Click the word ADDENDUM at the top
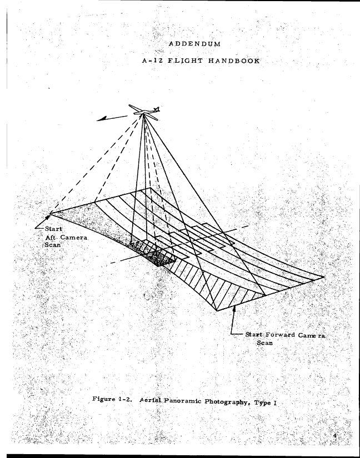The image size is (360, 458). tap(194, 44)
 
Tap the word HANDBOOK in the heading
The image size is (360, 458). tap(234, 61)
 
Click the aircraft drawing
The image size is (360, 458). tap(144, 112)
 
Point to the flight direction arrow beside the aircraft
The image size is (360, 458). tap(112, 118)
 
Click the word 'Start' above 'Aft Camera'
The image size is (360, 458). tap(53, 229)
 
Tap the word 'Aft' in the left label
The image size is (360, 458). tap(50, 237)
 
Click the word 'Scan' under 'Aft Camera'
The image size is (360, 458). tap(53, 245)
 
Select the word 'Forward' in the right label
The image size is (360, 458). tap(280, 335)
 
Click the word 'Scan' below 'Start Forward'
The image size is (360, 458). tap(265, 343)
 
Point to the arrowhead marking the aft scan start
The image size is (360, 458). tap(48, 218)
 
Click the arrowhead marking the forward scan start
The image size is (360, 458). tap(234, 309)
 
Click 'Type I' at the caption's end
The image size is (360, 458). tap(266, 403)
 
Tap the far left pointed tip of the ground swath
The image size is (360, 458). tap(50, 214)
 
